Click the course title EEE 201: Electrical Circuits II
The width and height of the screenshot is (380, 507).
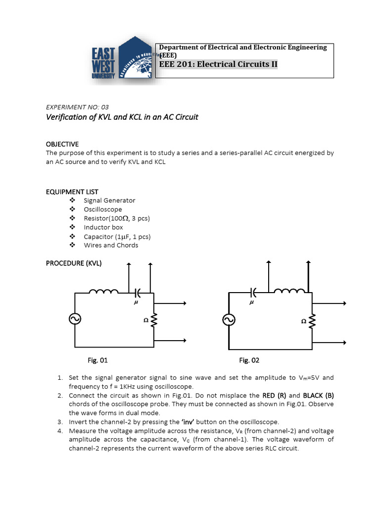[x=218, y=64]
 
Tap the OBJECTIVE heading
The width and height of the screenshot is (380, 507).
[x=62, y=144]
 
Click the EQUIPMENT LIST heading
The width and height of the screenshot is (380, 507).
[x=72, y=192]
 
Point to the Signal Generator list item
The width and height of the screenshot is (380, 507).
[x=109, y=201]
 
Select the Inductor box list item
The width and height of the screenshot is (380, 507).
[x=103, y=227]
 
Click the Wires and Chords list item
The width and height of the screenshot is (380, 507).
[x=111, y=245]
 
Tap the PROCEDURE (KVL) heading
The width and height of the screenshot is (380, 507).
[x=74, y=263]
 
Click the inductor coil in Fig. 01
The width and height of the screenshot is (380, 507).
[x=103, y=292]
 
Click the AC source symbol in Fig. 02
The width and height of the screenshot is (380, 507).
[x=229, y=320]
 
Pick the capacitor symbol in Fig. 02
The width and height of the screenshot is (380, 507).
[x=254, y=292]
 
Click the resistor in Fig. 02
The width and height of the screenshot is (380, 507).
[x=311, y=321]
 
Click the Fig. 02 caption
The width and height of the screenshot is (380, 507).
[x=249, y=360]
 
